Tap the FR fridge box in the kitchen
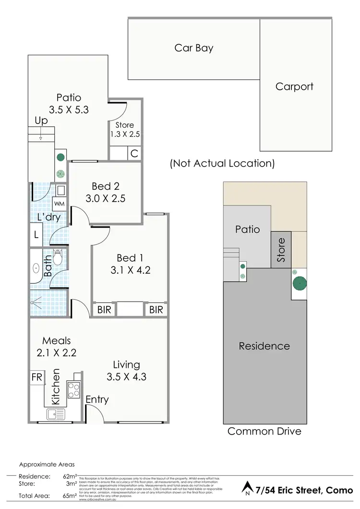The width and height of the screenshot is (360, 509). (37, 376)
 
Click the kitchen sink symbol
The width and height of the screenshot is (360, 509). (53, 414)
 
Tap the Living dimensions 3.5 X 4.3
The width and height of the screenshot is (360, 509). (127, 377)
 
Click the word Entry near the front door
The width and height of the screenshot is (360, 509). (97, 400)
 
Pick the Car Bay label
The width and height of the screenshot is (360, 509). (194, 48)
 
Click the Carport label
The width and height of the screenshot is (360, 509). (294, 86)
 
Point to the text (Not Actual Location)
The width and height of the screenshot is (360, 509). (222, 163)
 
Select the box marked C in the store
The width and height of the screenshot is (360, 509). (134, 153)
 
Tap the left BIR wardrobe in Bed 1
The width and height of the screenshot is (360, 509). (104, 310)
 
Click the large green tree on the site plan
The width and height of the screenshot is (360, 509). (300, 284)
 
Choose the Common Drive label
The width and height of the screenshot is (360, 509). (264, 431)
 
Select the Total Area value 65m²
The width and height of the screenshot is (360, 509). (70, 495)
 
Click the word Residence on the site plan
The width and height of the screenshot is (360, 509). (264, 346)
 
